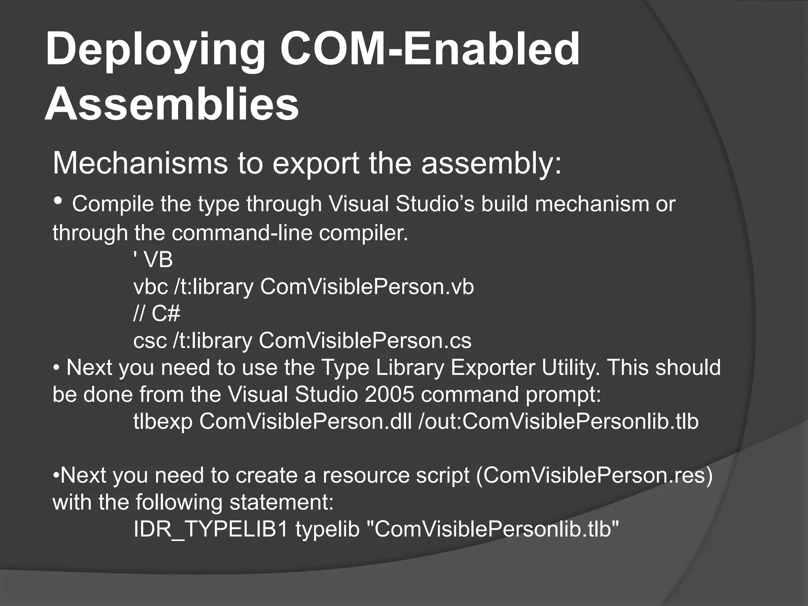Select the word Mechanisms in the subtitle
[140, 163]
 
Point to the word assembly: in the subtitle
[491, 163]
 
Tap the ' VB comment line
[153, 260]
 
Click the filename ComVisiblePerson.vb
[367, 287]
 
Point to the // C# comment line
[157, 314]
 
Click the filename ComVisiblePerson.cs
[365, 340]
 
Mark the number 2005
[389, 394]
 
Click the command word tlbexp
[163, 421]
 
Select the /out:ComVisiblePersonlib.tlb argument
[558, 421]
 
